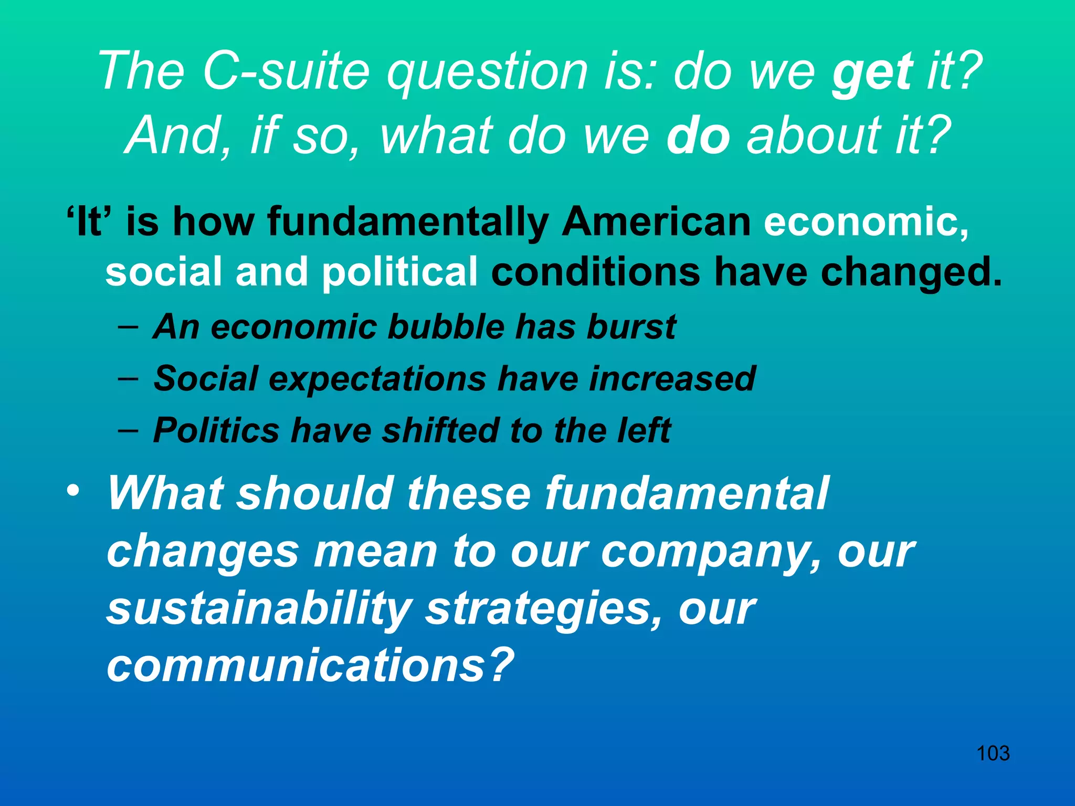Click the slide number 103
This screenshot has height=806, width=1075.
coord(993,754)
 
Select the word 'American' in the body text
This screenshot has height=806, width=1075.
coord(656,221)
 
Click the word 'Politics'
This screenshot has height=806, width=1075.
coord(216,430)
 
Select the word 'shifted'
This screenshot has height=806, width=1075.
coord(440,430)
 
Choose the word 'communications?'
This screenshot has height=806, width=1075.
coord(310,665)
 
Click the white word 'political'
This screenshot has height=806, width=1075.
coord(399,272)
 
